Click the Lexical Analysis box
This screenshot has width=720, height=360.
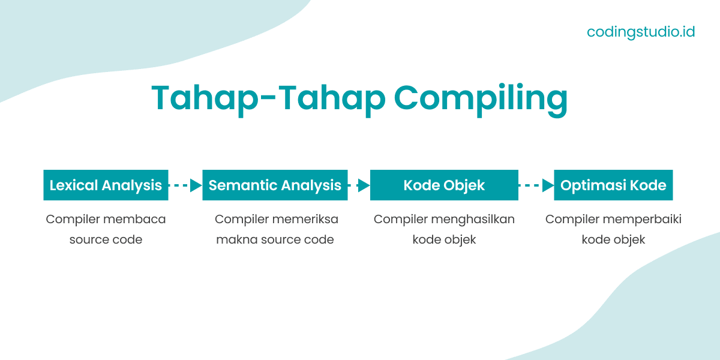(106, 185)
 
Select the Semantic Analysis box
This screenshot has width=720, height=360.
(275, 185)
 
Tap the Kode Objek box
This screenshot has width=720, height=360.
(444, 185)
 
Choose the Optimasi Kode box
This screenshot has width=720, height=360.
(613, 185)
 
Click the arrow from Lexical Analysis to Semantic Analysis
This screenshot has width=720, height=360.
(185, 185)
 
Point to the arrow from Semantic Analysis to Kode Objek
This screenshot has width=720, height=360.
(359, 185)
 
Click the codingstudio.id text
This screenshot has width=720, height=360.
(640, 31)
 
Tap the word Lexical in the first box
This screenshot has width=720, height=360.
(73, 185)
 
